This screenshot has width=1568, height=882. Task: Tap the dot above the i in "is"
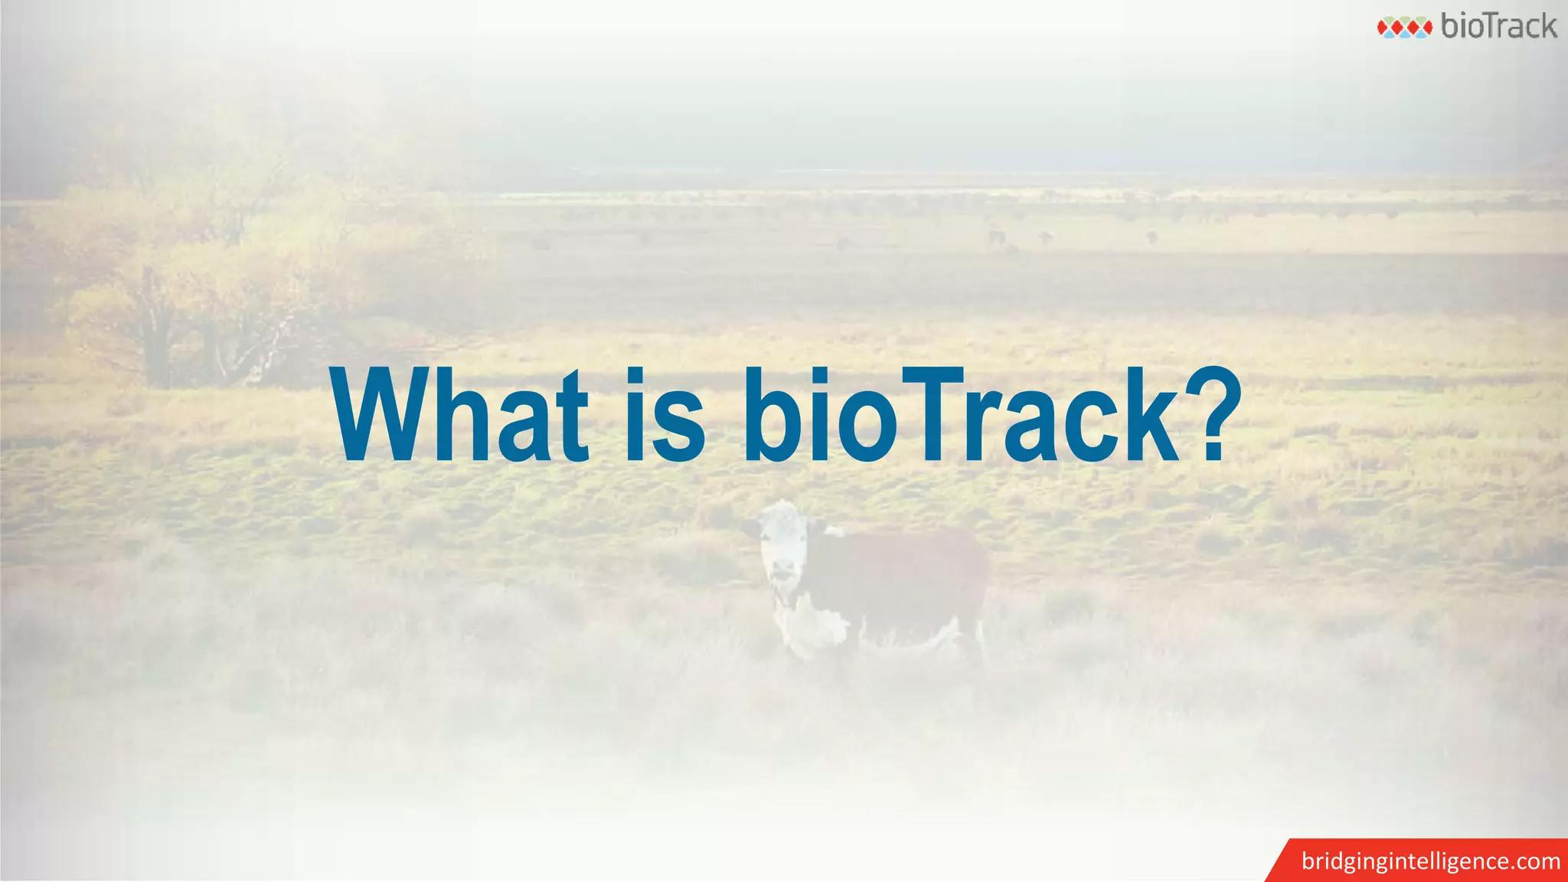635,376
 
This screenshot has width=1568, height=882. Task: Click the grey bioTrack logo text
1498,26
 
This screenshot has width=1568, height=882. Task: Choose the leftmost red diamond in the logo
1384,28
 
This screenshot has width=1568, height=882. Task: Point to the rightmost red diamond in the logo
1425,28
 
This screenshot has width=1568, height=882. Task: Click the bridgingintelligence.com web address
1430,861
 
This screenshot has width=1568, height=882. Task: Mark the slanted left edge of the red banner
1277,861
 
